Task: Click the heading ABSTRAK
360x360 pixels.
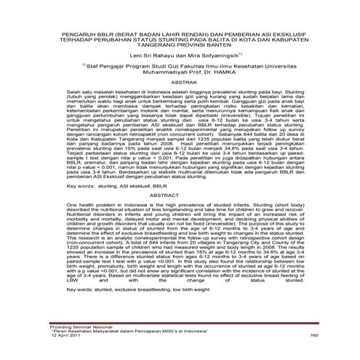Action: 180,82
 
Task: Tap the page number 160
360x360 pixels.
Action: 314,335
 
